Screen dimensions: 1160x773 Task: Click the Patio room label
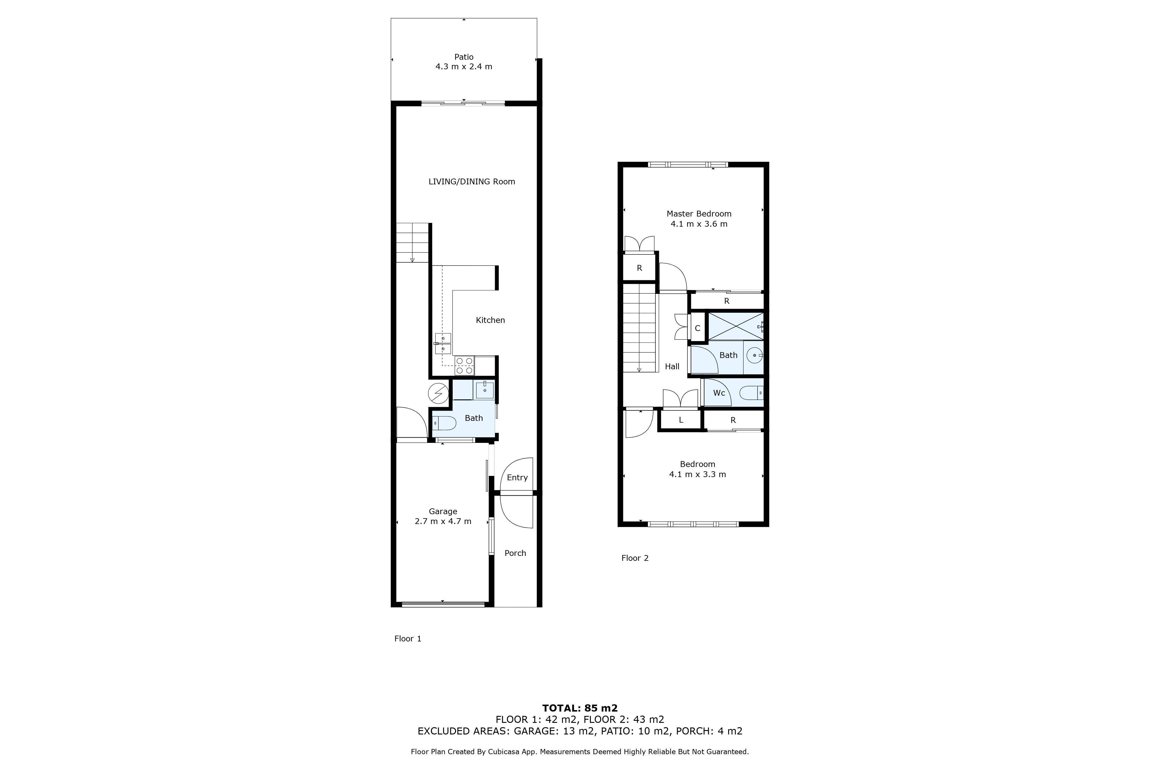pos(464,57)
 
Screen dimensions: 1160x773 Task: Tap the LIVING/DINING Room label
pos(472,181)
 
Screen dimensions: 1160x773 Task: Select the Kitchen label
pos(490,320)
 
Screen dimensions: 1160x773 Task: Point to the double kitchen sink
pos(443,344)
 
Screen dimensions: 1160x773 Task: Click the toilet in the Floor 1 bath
pos(444,423)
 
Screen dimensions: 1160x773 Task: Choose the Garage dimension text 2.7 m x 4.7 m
pos(443,521)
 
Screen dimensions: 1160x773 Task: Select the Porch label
pos(515,553)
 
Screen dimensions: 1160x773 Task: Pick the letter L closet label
pos(681,420)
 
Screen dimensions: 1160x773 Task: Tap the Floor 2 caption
pos(635,558)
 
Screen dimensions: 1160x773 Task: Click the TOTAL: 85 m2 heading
pos(580,708)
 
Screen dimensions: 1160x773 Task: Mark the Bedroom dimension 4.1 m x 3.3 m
pos(697,474)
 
